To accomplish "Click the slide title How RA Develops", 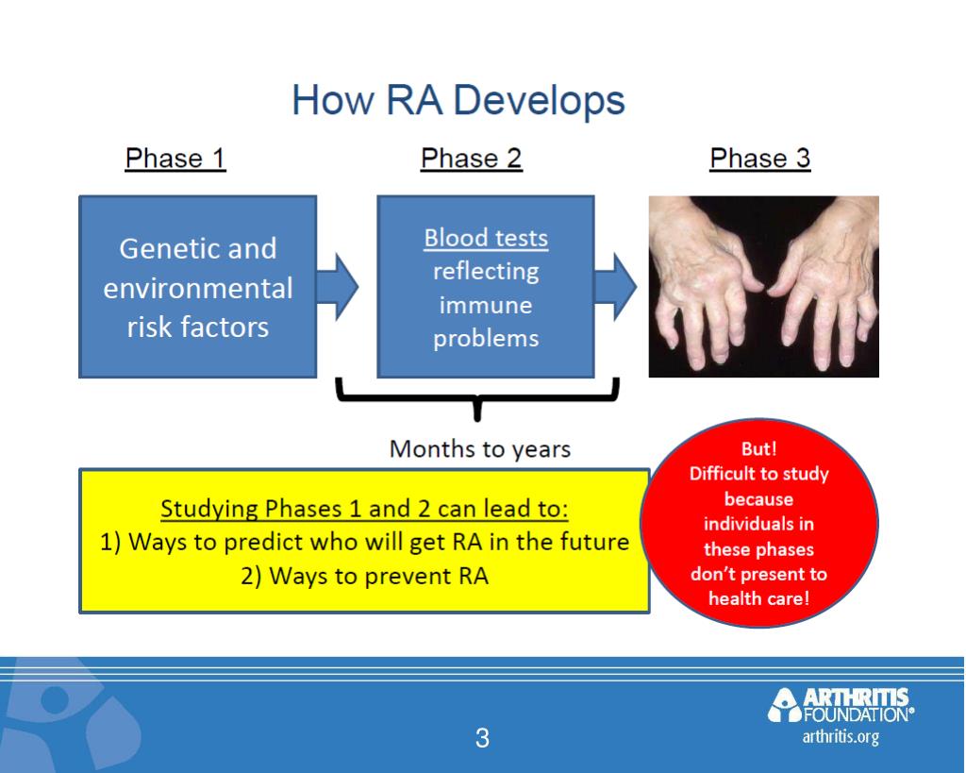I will click(458, 101).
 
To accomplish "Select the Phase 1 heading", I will click(175, 159).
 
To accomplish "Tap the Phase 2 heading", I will click(471, 159).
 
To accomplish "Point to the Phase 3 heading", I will click(759, 159).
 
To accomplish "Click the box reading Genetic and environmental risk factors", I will click(197, 287).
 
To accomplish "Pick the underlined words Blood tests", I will click(486, 238).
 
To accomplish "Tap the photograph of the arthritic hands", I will click(763, 287).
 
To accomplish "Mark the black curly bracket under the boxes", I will click(477, 400).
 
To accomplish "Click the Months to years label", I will click(480, 449).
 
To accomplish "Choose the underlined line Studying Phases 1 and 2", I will click(364, 510).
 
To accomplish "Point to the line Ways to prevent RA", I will click(364, 575).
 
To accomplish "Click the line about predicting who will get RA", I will click(364, 543).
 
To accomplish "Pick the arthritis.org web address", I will click(841, 737).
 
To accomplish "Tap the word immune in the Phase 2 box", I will click(486, 305).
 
